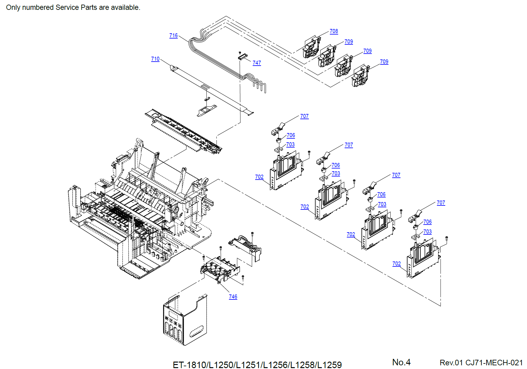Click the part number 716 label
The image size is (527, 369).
[x=173, y=35]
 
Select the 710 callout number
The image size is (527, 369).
[x=155, y=59]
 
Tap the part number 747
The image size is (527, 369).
[x=257, y=63]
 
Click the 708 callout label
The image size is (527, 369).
[x=334, y=31]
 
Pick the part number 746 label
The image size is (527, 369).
[x=233, y=297]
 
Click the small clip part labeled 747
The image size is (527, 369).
[x=243, y=56]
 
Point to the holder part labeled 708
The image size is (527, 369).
[x=311, y=48]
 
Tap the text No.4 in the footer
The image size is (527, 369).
[x=401, y=362]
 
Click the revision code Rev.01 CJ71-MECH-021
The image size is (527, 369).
[x=481, y=363]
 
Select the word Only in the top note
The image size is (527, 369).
[x=13, y=7]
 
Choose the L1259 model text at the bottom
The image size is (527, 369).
[x=330, y=365]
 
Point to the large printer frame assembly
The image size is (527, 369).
[x=139, y=209]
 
